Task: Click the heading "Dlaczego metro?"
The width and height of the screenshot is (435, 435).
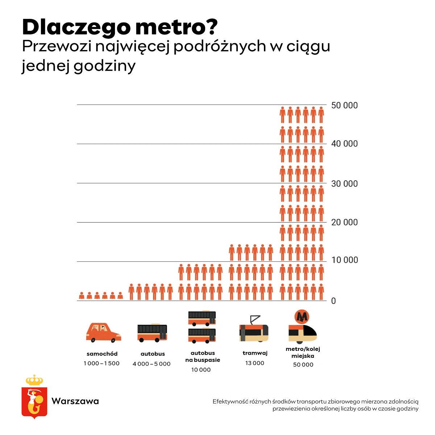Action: pos(120,27)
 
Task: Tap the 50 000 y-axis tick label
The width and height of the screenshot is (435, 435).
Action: pos(344,105)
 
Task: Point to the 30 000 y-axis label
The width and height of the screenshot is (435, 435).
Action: pos(344,184)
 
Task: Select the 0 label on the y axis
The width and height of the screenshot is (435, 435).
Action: pos(333,301)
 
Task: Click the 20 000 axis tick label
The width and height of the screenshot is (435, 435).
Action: pos(344,222)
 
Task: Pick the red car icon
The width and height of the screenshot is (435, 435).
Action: pos(103,332)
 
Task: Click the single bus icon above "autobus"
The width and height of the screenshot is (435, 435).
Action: pos(152,333)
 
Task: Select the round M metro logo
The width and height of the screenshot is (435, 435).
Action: pos(302,317)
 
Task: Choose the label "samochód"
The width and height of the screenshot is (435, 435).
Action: pos(102,354)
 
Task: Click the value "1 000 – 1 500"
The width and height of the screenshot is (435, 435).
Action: pos(101,363)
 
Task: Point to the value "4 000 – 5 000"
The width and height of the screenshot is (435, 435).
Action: pos(152,364)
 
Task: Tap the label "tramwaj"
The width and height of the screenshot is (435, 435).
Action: pos(255,353)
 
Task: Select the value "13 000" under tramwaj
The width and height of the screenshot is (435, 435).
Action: pos(255,363)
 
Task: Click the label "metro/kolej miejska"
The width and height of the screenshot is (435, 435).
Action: pos(303,352)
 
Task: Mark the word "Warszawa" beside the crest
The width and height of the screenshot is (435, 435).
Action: pos(75,401)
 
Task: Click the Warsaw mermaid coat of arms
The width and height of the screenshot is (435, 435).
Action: pos(34,402)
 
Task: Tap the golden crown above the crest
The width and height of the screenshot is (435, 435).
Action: pos(34,380)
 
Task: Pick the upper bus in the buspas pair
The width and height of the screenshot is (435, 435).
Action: pos(202,318)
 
